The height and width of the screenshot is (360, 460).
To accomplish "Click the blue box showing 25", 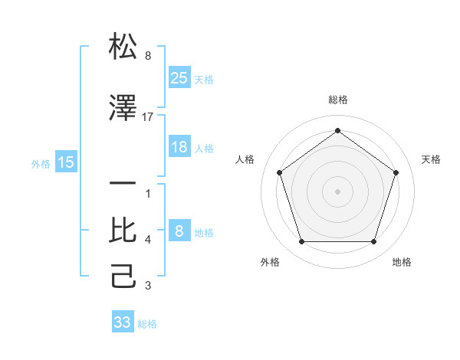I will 179,77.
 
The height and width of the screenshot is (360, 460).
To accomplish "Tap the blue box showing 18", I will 179,147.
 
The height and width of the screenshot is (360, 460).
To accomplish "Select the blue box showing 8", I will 179,231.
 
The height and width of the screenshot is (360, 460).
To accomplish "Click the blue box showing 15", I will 66,162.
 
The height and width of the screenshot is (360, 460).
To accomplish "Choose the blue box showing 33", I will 122,322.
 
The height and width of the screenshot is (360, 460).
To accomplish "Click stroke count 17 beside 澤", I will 148,116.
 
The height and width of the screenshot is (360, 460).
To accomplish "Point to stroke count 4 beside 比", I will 148,240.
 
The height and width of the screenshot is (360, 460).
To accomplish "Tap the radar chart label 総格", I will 337,100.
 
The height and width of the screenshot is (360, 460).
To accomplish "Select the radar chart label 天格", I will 431,159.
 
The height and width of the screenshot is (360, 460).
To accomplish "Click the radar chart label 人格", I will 245,159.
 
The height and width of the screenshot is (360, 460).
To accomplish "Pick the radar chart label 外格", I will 270,262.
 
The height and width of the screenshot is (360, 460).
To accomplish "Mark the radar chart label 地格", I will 402,262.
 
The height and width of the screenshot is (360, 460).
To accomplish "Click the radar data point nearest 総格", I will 337,130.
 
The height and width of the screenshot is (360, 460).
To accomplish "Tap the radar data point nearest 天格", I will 396,172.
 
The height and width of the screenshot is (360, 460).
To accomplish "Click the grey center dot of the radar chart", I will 337,191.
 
